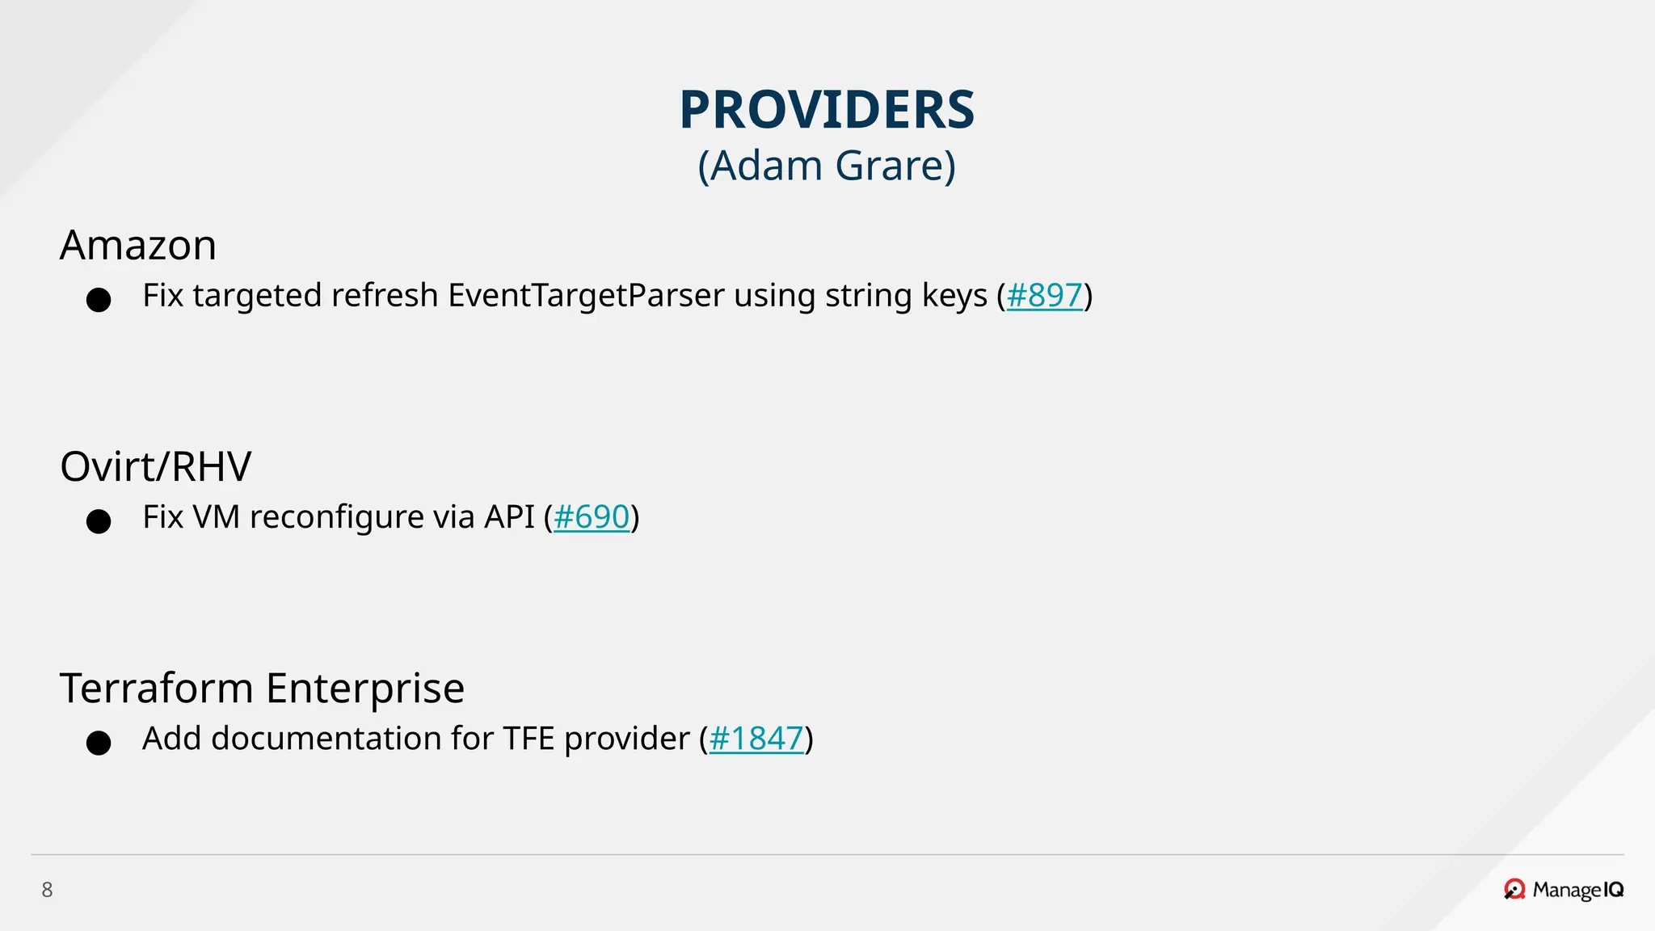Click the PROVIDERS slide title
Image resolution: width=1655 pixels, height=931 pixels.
827,110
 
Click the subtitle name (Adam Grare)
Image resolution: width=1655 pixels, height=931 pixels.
827,166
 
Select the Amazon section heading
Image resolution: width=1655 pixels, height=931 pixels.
138,245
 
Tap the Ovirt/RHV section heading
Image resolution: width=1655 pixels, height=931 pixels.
156,466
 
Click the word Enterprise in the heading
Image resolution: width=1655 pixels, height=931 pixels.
365,689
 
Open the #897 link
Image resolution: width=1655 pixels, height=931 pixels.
1044,296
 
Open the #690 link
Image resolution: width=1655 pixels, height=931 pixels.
591,517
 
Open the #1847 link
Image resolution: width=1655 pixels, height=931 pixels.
756,739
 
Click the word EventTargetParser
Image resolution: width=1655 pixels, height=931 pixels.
586,296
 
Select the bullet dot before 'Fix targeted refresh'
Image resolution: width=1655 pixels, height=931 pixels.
99,300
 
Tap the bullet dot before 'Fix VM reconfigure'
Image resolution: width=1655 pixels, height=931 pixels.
99,521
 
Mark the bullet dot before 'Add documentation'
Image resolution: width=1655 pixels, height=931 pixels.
99,743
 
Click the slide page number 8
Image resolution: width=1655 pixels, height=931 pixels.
47,890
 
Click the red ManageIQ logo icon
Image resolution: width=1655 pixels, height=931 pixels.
1514,889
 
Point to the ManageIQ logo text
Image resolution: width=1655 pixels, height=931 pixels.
1577,890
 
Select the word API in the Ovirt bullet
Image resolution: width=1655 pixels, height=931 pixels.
509,517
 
